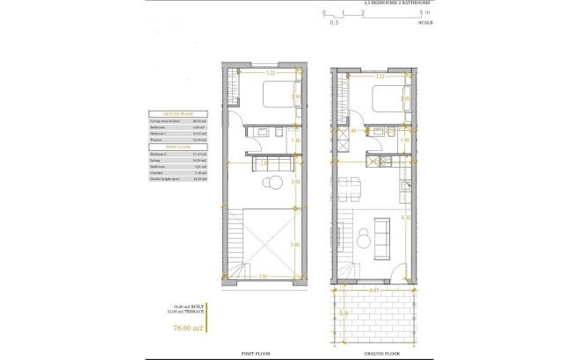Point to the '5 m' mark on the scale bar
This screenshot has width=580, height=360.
(x=424, y=12)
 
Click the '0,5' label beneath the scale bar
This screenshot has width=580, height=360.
(x=334, y=23)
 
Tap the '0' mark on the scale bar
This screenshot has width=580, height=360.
(x=323, y=12)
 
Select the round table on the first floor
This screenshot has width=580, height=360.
(x=273, y=183)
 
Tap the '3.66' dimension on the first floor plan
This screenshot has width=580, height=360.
(x=295, y=245)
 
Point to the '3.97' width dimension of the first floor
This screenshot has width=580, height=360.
(x=264, y=277)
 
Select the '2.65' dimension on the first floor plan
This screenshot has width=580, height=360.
(x=295, y=182)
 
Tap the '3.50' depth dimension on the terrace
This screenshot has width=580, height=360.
(x=344, y=312)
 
